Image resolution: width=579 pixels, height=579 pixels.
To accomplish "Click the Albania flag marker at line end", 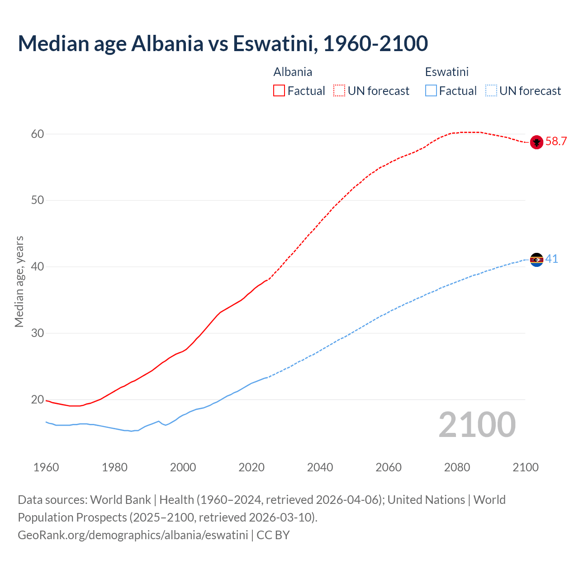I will pos(536,142).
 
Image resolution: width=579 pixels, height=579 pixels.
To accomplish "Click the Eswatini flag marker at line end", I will pos(536,260).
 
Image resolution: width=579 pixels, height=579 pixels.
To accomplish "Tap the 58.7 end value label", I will pos(556,142).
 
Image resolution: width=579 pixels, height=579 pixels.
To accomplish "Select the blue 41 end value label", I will pos(551,259).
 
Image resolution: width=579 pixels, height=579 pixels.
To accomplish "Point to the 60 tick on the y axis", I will pos(38,134).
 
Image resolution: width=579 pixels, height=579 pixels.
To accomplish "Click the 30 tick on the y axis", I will pos(38,333).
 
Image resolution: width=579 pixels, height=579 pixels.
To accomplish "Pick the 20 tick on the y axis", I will pos(38,399).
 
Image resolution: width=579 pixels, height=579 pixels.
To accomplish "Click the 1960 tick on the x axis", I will pos(46,467).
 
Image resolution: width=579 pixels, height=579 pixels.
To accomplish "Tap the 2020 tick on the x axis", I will pos(252,467).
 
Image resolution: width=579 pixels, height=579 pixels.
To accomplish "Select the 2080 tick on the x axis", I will pos(457,467).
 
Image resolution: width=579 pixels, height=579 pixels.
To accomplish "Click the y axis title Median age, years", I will pos(19,281).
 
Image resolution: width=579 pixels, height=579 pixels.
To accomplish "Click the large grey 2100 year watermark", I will pos(477,424).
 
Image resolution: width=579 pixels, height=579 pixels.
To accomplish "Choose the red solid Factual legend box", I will pos(279,90).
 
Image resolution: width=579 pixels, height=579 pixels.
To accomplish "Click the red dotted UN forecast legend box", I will pos(339,90).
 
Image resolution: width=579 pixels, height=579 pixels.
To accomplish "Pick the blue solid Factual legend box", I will pos(431,90).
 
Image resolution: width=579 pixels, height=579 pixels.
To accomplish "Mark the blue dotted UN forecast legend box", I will pos(491,90).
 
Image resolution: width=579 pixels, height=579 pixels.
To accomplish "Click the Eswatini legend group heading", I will pos(446,72).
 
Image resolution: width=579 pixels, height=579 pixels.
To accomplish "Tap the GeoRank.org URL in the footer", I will pos(133,535).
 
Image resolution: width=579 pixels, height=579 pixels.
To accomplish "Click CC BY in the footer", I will pos(273,535).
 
